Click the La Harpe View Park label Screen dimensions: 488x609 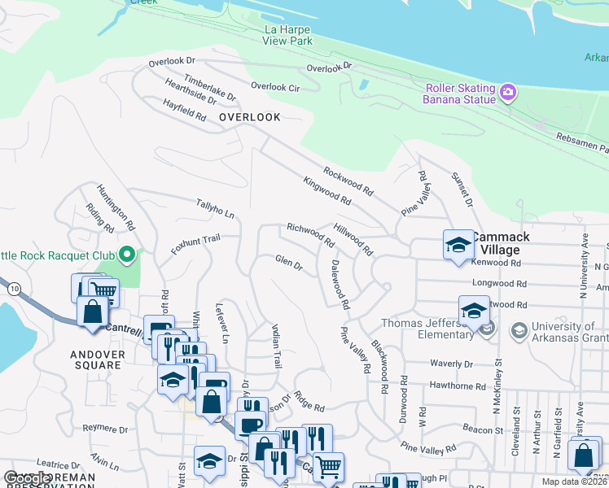click(x=288, y=35)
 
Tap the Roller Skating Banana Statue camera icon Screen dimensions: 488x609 click(x=508, y=90)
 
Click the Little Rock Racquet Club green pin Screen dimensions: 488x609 click(x=126, y=256)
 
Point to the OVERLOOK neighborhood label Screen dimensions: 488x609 click(x=250, y=117)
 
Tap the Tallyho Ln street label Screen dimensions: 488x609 click(x=215, y=208)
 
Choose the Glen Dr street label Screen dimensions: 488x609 click(x=288, y=262)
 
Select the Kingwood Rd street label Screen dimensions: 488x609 click(x=326, y=190)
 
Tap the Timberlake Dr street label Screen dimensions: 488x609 click(x=209, y=89)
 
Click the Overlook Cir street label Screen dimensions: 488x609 click(x=275, y=86)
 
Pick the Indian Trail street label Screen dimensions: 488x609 click(x=276, y=346)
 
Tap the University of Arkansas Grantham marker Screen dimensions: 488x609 click(x=519, y=330)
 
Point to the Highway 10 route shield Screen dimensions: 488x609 click(x=14, y=289)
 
